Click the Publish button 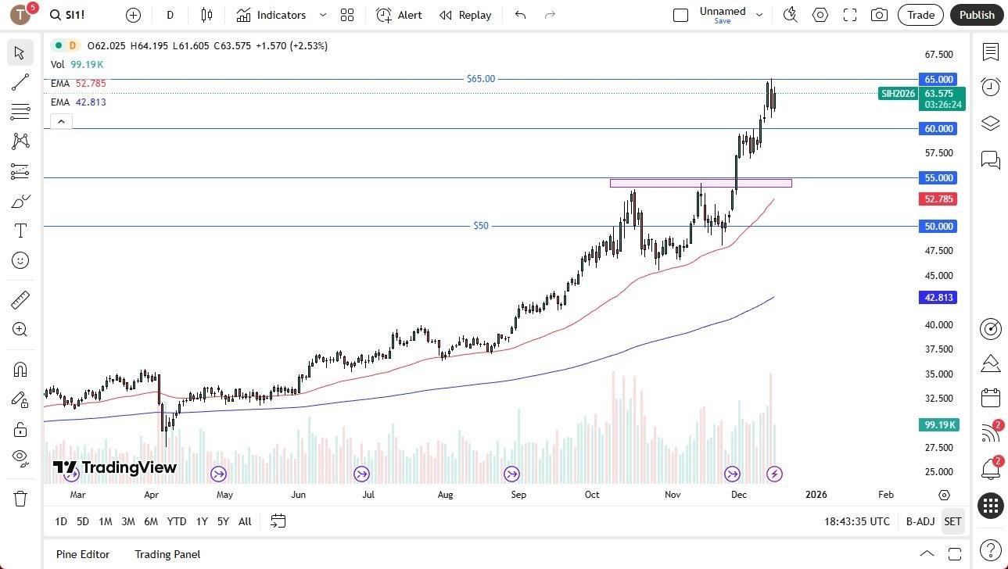click(977, 15)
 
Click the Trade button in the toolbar click(920, 15)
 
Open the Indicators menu click(281, 15)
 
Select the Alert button click(399, 15)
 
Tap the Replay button click(465, 15)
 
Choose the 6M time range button click(151, 521)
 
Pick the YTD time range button click(177, 521)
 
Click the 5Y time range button click(223, 521)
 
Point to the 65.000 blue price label click(938, 79)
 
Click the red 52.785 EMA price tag click(938, 199)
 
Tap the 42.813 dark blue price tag click(938, 297)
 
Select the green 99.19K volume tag click(938, 424)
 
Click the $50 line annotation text click(481, 226)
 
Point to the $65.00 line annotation click(480, 79)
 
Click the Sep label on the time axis click(518, 495)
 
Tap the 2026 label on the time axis click(816, 495)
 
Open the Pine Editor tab click(83, 554)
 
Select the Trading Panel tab click(167, 554)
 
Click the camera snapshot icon click(879, 15)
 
